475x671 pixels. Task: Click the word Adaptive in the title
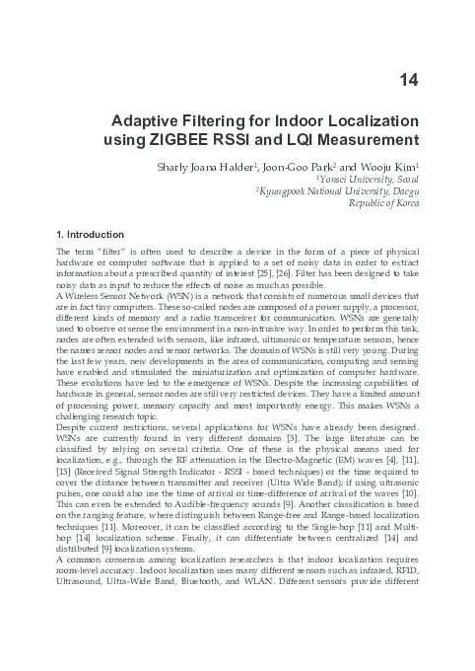[148, 120]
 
